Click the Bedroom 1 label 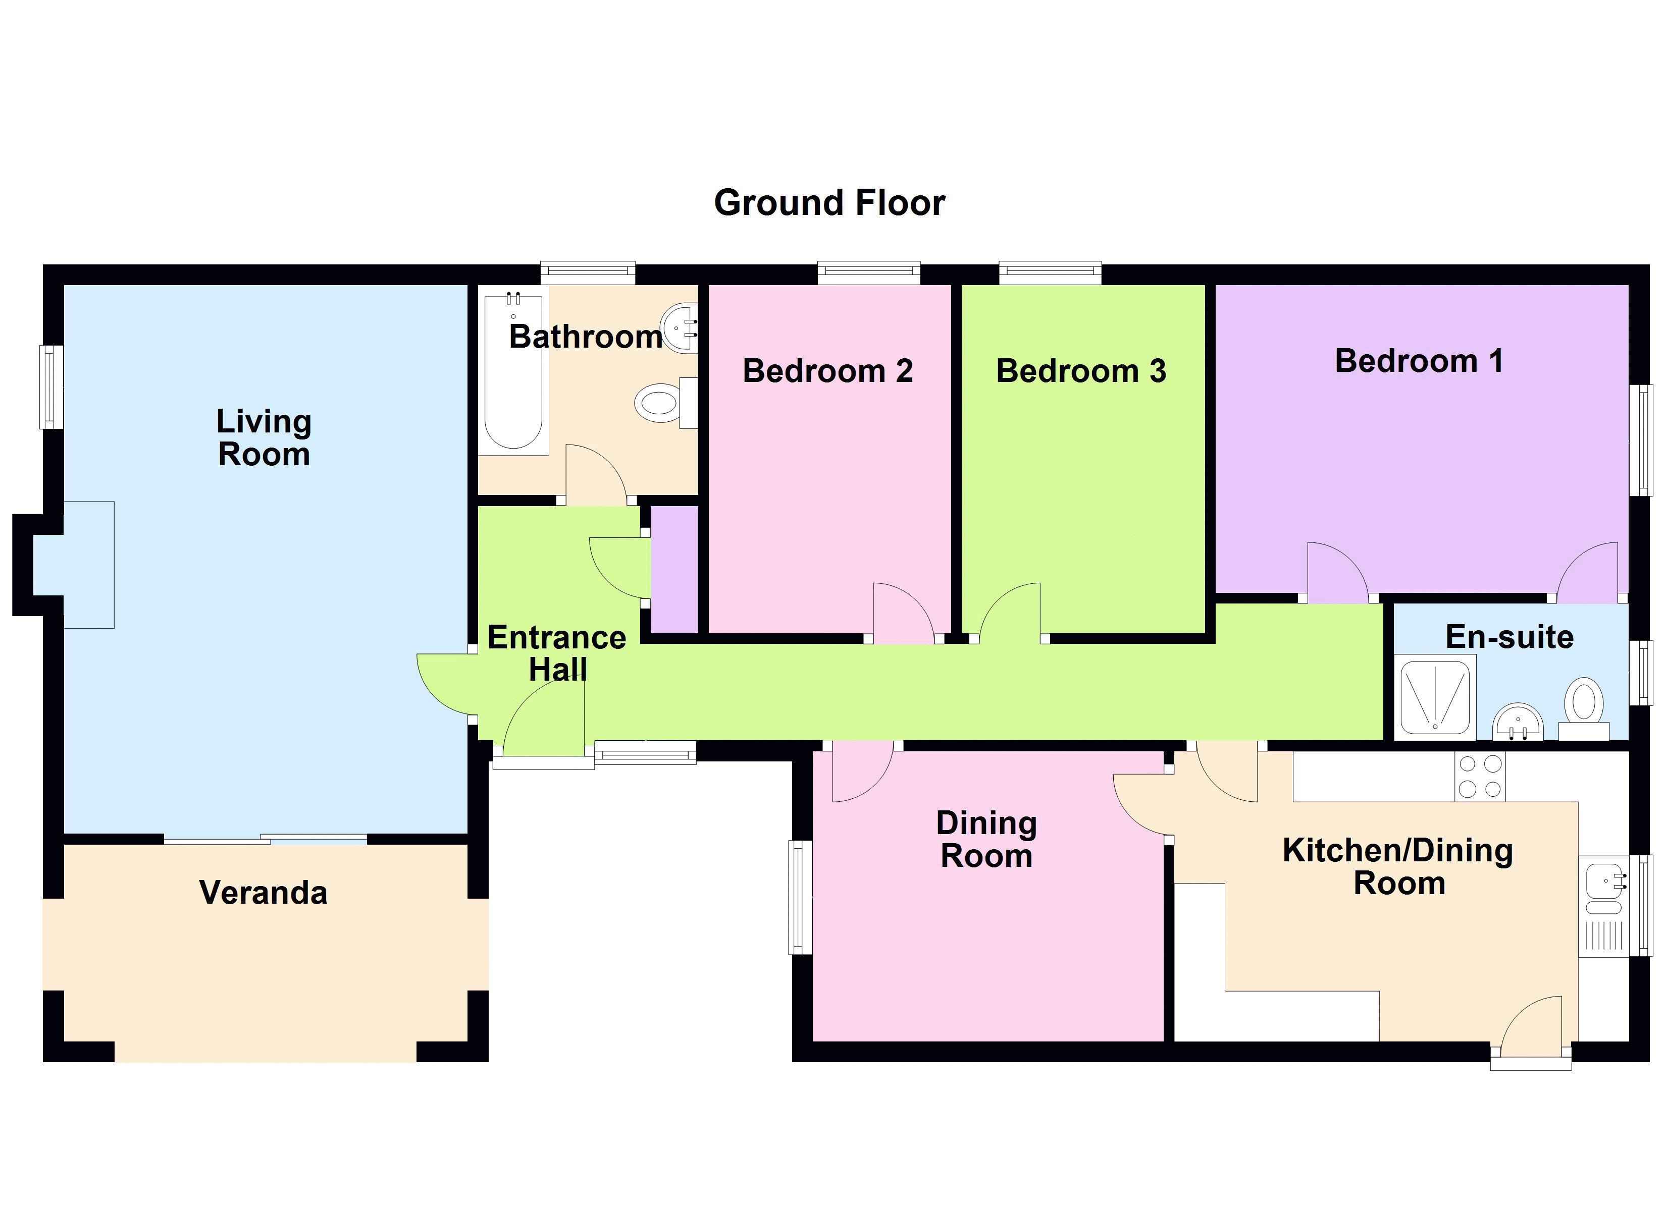[1419, 361]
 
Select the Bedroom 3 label [1080, 371]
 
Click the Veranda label [263, 893]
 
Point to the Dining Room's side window [800, 898]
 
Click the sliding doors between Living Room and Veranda [265, 840]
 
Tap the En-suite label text [1509, 637]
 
